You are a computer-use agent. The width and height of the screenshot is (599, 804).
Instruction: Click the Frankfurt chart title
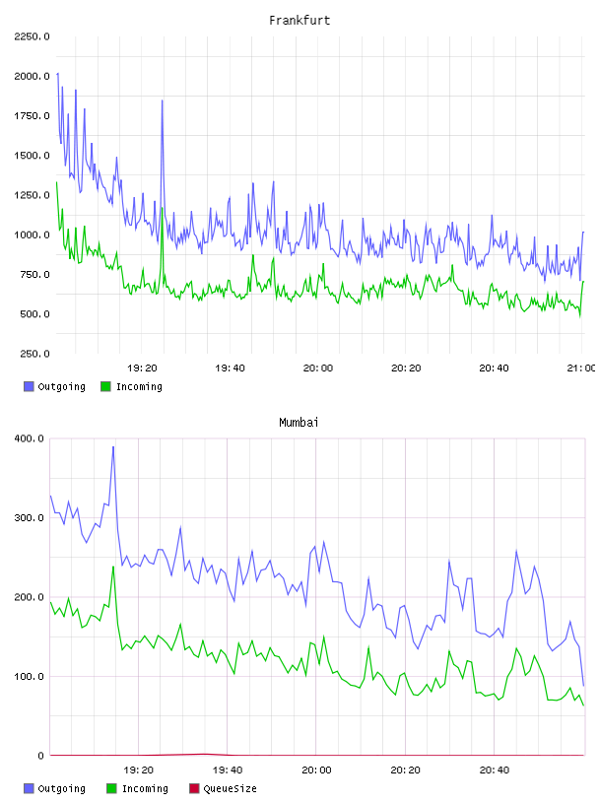coord(299,21)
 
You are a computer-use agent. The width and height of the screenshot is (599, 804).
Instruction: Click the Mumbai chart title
coord(299,423)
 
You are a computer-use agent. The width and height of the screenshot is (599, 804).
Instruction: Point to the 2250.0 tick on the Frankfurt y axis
coord(32,36)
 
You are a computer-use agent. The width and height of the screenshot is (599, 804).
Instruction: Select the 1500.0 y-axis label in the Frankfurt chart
coord(32,156)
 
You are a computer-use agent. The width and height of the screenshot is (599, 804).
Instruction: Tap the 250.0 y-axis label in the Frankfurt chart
coord(34,354)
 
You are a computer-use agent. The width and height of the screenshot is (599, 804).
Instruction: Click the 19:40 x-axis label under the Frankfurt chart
coord(230,368)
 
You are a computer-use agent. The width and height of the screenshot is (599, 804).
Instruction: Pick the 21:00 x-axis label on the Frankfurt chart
coord(581,368)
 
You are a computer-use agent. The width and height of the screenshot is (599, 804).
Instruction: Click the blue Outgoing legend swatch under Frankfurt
coord(29,386)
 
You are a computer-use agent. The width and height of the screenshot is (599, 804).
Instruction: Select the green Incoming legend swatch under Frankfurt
coord(105,386)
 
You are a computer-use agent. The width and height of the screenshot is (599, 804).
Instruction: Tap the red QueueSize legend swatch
coord(194,788)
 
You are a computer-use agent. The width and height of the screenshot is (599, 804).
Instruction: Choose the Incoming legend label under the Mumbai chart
coord(145,788)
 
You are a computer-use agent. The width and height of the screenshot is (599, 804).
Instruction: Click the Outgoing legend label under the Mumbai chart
coord(61,788)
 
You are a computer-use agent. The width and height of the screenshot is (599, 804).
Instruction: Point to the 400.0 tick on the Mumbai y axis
coord(29,438)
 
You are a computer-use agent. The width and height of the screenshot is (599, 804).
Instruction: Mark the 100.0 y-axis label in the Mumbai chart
coord(29,676)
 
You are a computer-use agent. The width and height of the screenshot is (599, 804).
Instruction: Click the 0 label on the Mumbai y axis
coord(40,756)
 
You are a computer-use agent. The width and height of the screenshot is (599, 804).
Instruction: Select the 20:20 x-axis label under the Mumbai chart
coord(405,770)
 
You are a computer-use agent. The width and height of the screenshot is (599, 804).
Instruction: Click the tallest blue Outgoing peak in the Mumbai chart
coord(113,446)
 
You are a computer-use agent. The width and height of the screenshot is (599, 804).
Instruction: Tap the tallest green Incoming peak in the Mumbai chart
coord(113,567)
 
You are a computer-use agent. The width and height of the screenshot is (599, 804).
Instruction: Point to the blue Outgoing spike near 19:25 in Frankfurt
coord(162,100)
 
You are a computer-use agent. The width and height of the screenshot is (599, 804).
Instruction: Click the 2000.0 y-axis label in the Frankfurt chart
coord(32,76)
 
